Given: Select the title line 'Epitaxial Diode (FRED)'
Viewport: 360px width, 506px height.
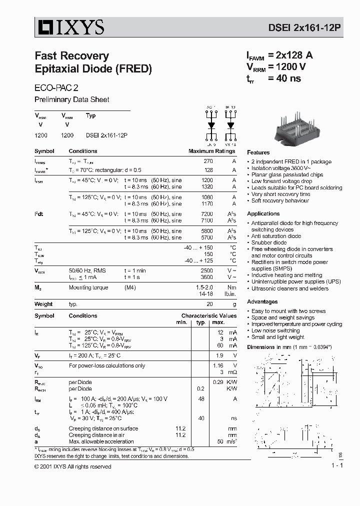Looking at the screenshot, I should (x=93, y=69).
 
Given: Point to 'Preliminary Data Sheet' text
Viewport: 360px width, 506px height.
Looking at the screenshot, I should (x=71, y=99).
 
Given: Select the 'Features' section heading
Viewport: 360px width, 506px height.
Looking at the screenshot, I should (x=258, y=152).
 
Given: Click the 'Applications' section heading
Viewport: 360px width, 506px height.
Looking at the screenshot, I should (x=263, y=214).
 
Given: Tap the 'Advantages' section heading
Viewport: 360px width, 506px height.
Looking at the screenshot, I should (x=262, y=302).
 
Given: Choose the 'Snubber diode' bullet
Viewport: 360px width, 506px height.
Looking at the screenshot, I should (x=268, y=242).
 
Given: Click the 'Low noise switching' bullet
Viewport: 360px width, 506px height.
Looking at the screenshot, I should (x=275, y=330).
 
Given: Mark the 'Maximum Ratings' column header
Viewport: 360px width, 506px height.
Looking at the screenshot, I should (x=211, y=151).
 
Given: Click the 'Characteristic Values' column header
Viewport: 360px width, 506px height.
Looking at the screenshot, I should (x=209, y=316).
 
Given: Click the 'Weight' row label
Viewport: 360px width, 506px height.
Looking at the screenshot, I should (x=43, y=304).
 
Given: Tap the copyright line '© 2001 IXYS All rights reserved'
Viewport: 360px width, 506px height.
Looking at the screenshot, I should (x=73, y=466).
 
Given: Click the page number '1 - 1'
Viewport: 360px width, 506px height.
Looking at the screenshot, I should (x=336, y=466).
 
